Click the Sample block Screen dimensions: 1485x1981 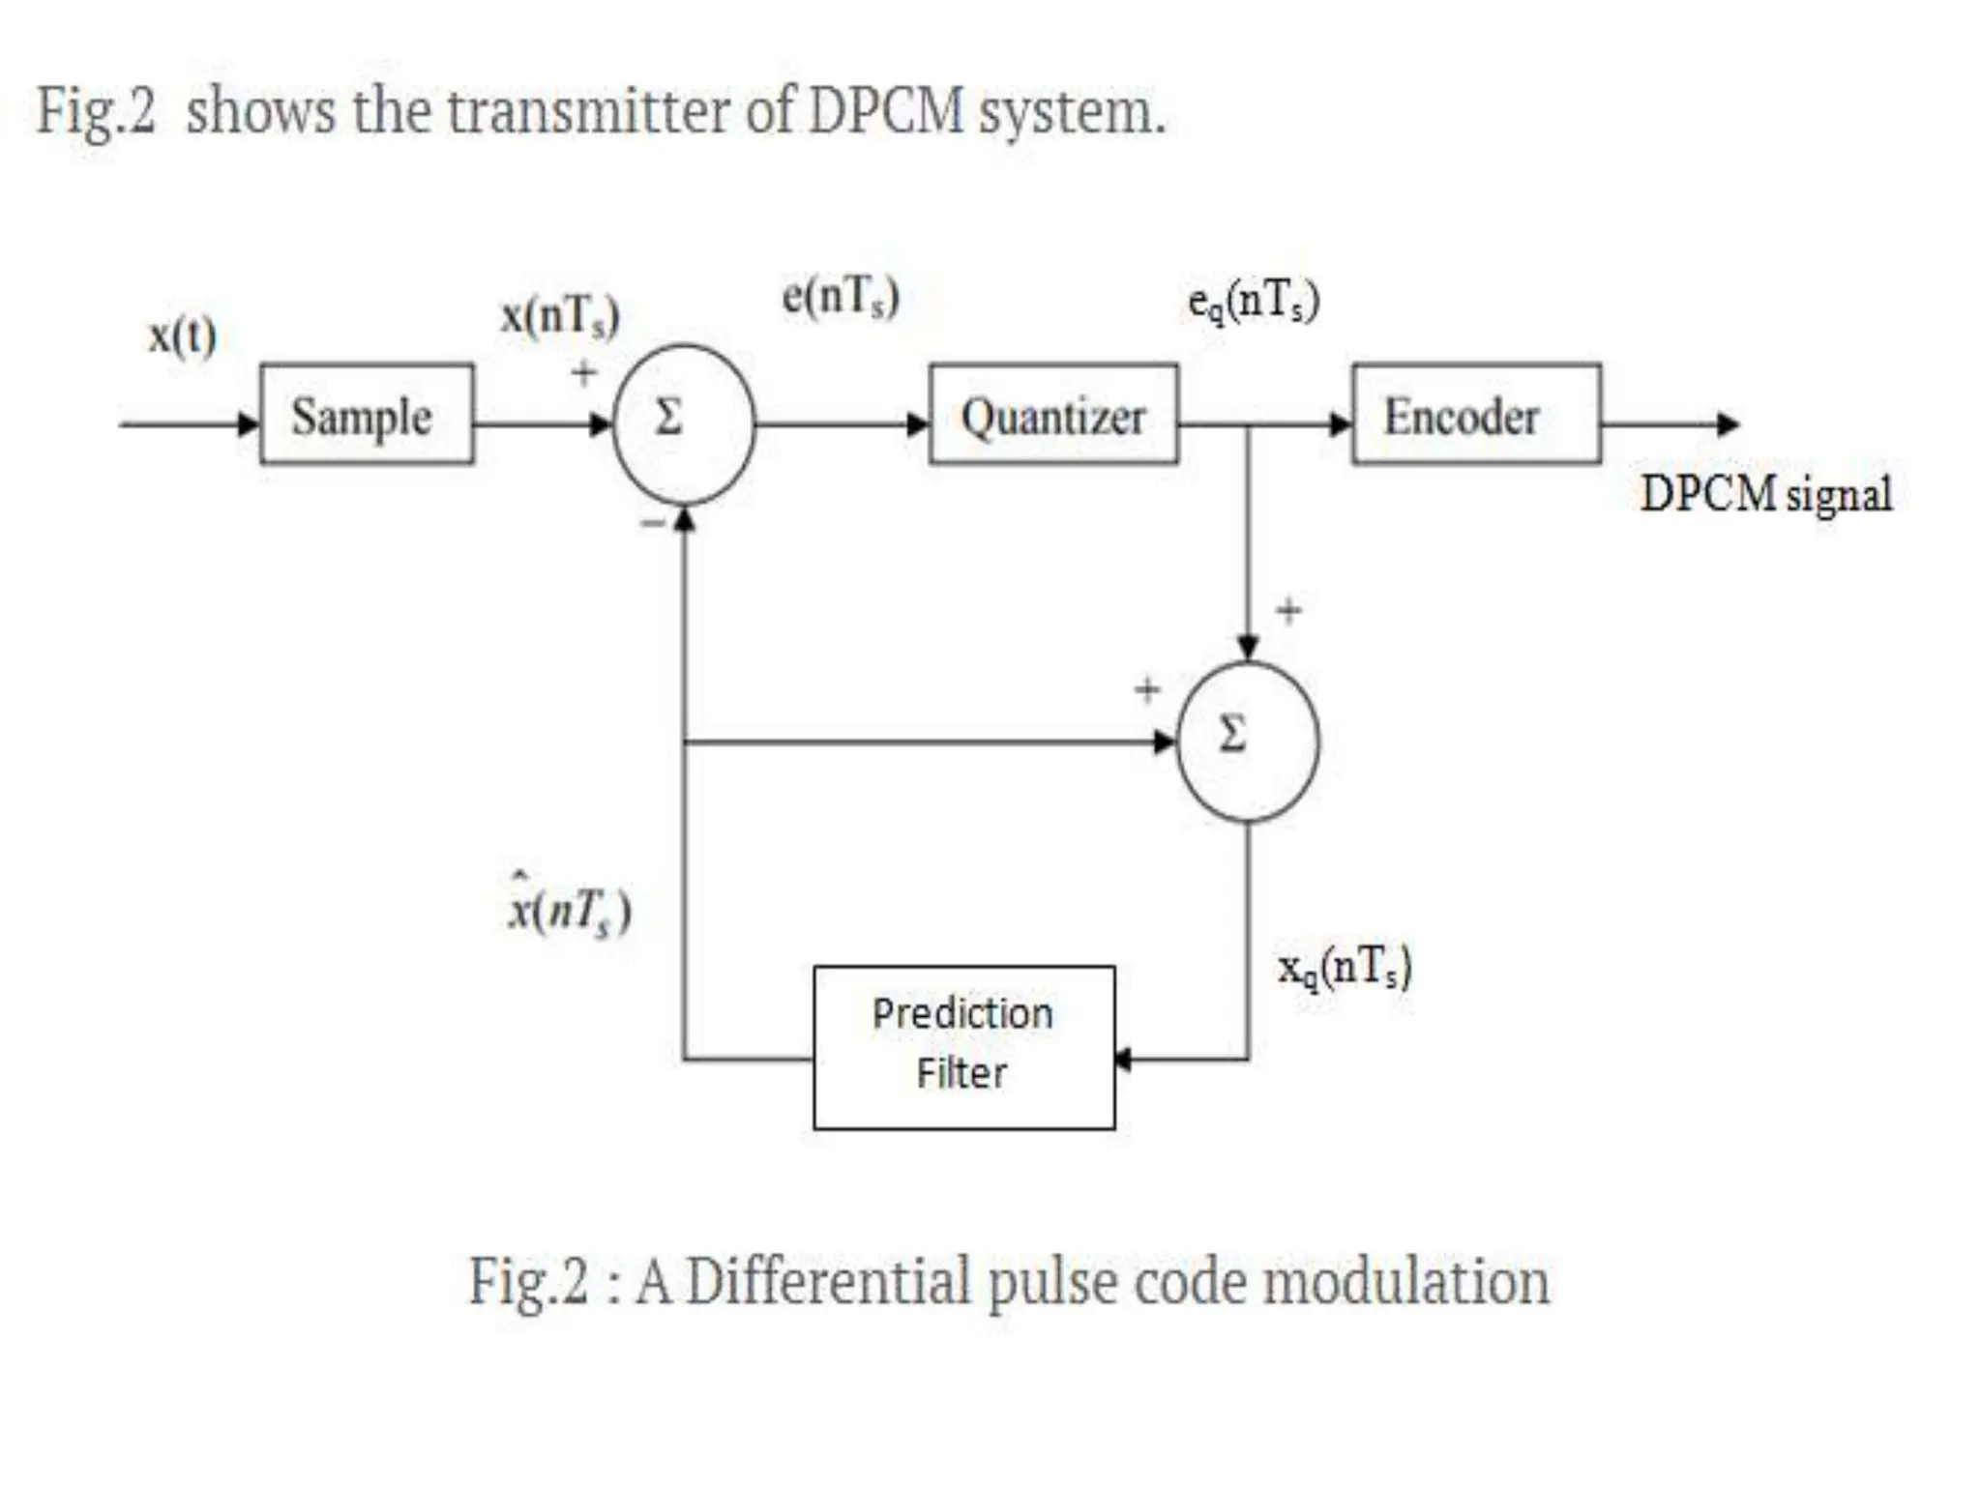(x=367, y=415)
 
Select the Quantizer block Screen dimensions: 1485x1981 (x=1053, y=415)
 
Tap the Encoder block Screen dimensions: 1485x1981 (x=1475, y=415)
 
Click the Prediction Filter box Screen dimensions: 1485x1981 (x=963, y=1047)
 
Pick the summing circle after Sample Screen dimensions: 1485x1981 (x=684, y=423)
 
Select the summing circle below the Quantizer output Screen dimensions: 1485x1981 (x=1247, y=742)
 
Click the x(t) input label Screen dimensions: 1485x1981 (x=182, y=335)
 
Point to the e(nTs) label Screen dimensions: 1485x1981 (x=841, y=296)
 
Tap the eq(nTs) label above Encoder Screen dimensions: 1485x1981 (x=1254, y=301)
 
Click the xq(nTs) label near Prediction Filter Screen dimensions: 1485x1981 (x=1345, y=967)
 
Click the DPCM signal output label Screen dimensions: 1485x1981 (x=1766, y=494)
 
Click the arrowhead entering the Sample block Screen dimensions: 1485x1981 (x=250, y=423)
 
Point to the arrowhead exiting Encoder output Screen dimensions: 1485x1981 (x=1728, y=423)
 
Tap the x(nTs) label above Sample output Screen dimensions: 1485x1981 (x=560, y=316)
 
